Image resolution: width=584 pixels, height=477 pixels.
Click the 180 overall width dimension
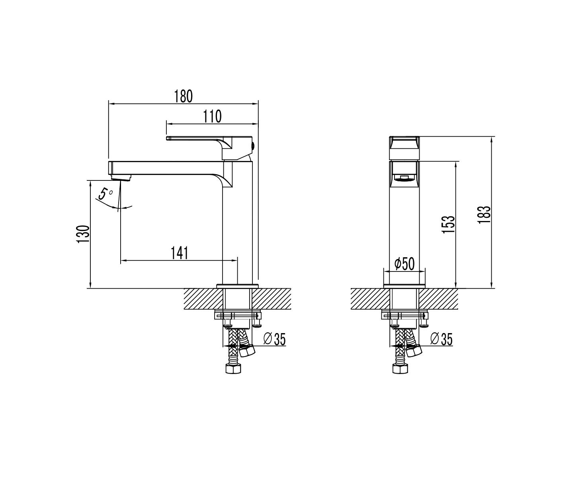pos(183,96)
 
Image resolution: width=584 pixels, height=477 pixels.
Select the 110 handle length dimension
pos(213,116)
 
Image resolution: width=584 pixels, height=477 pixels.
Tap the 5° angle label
pos(105,194)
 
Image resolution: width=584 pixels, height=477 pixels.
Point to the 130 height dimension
pos(83,234)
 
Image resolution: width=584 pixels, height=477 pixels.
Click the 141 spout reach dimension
pos(180,253)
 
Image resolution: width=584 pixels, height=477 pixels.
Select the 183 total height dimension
pos(484,215)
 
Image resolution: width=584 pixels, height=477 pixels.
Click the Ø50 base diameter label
pos(404,264)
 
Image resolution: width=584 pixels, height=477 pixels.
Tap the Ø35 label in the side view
pos(441,339)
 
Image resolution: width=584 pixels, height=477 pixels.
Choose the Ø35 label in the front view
pos(274,339)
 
